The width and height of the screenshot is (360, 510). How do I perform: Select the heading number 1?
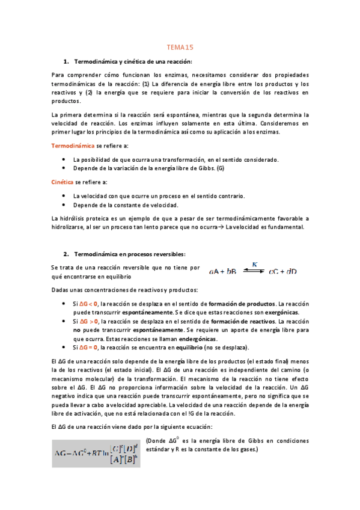pyautogui.click(x=65, y=62)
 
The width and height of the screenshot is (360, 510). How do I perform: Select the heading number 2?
pyautogui.click(x=65, y=254)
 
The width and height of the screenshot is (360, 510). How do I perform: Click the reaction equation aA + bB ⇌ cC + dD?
pyautogui.click(x=252, y=271)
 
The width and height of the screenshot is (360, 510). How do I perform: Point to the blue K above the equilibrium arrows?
pyautogui.click(x=254, y=263)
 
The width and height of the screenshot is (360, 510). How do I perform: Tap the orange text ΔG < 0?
pyautogui.click(x=90, y=304)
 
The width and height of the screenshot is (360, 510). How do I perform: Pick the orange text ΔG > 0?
pyautogui.click(x=90, y=322)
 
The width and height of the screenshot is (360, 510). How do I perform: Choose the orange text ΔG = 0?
pyautogui.click(x=90, y=348)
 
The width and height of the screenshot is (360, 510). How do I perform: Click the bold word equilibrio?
pyautogui.click(x=186, y=348)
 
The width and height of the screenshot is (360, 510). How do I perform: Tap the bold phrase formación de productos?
pyautogui.click(x=242, y=304)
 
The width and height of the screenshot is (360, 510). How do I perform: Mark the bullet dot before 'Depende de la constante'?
pyautogui.click(x=65, y=205)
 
